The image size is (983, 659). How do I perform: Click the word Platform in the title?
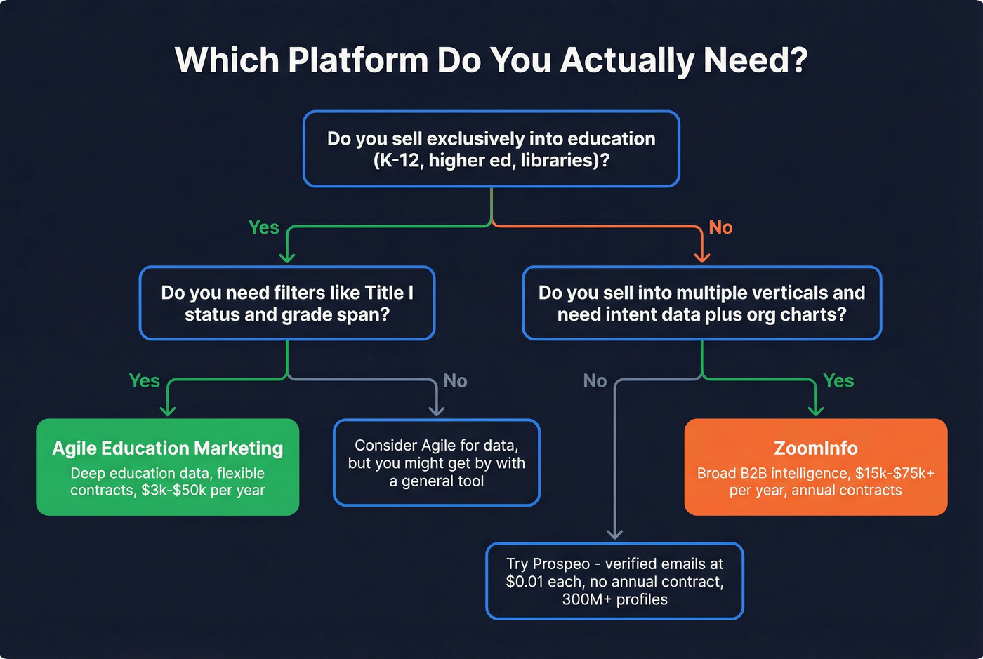[x=358, y=60]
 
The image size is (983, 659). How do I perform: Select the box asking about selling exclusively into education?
[x=491, y=149]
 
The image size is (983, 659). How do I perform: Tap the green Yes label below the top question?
[x=264, y=227]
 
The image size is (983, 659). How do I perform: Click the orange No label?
[x=720, y=227]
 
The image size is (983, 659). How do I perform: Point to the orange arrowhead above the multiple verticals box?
[x=701, y=257]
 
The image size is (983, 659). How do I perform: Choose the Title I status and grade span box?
[x=286, y=303]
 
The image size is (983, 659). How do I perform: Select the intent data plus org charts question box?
[x=701, y=303]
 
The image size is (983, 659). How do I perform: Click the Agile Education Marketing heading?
[x=168, y=448]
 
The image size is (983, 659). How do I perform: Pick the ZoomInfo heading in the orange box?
[x=816, y=448]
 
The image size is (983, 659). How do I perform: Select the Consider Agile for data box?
[x=436, y=463]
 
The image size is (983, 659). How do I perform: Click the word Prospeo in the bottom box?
[x=561, y=564]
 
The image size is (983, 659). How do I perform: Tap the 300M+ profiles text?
[x=614, y=599]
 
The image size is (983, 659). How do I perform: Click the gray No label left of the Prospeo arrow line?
[x=595, y=380]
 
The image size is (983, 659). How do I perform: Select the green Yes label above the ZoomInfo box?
[x=838, y=380]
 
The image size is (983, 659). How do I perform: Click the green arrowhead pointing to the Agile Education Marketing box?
[x=168, y=411]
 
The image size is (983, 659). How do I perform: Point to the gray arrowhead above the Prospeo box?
[x=614, y=534]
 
